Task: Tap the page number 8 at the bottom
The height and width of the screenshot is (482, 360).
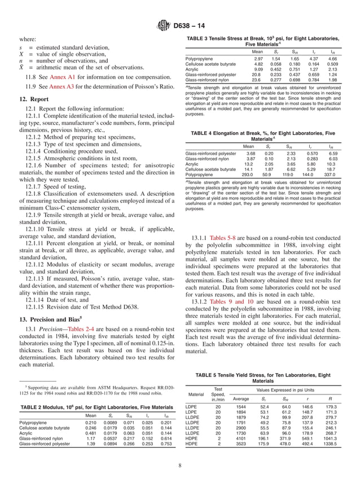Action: click(179, 466)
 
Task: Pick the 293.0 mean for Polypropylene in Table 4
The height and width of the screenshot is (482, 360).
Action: click(249, 175)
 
